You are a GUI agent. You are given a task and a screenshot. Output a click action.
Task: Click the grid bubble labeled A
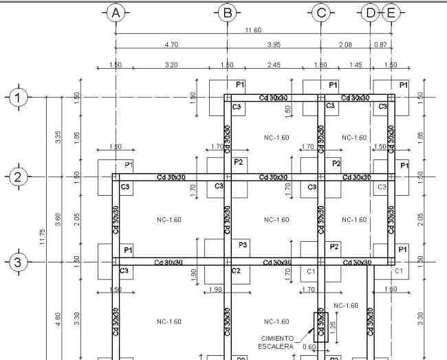[116, 12]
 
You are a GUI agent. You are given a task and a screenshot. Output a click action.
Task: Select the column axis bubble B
[226, 12]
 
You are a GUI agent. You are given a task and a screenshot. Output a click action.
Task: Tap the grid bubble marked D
[371, 12]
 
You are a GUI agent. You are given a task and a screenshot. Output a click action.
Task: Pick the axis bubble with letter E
[391, 12]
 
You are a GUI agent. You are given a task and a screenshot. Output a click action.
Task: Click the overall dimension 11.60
[252, 30]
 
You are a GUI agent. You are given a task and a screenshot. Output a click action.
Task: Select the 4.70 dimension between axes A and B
[171, 45]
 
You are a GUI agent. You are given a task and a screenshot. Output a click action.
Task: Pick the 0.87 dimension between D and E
[380, 45]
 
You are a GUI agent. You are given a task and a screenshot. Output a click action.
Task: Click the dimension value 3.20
[171, 65]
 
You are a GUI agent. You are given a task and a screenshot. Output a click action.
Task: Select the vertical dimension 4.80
[58, 319]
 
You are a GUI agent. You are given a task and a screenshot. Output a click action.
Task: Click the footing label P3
[243, 245]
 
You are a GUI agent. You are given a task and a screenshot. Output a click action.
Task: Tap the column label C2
[236, 271]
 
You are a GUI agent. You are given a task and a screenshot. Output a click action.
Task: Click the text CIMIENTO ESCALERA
[277, 342]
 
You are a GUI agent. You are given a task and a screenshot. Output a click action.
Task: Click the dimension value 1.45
[355, 65]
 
